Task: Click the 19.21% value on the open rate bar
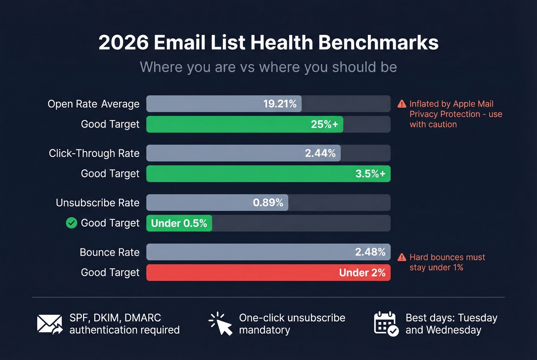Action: (280, 104)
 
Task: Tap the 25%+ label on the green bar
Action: (324, 124)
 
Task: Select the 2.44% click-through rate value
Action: (320, 153)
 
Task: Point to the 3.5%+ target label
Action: (370, 174)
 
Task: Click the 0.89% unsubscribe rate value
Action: (268, 202)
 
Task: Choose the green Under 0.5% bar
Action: (179, 223)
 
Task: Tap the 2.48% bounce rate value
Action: (370, 252)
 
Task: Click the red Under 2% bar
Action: (268, 273)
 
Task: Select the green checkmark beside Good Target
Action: (71, 223)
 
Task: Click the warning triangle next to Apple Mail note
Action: (402, 104)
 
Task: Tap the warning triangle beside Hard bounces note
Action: (402, 257)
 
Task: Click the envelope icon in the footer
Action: (49, 324)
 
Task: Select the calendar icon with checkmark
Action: (386, 324)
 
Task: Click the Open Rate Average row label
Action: (94, 104)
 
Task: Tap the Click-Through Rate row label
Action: (94, 153)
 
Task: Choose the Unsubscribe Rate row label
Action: (97, 202)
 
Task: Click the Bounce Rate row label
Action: (109, 252)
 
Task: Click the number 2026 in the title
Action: (124, 43)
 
